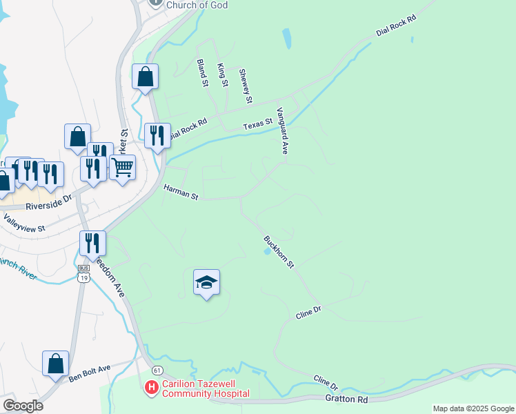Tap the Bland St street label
(203, 72)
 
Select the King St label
(222, 75)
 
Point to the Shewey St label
(245, 86)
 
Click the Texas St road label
(258, 126)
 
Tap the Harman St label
(181, 192)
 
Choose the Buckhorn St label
(279, 252)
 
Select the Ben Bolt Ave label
(90, 373)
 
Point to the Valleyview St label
(24, 223)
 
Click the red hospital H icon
(151, 388)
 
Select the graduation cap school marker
(206, 283)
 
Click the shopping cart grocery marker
(122, 166)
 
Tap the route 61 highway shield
(157, 370)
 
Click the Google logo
(23, 406)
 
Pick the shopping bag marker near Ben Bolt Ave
(55, 364)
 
